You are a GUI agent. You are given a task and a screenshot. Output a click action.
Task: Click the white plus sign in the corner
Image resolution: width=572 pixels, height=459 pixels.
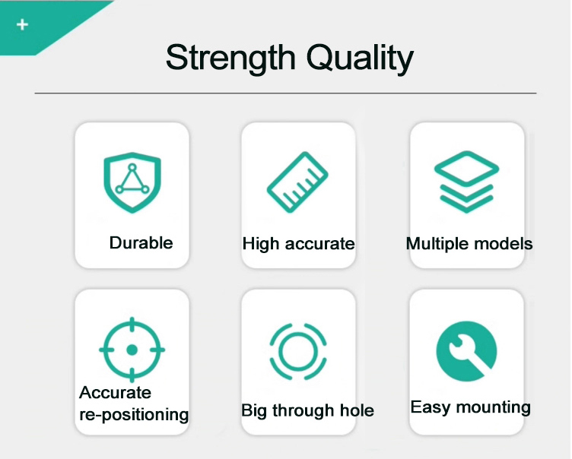point(22,25)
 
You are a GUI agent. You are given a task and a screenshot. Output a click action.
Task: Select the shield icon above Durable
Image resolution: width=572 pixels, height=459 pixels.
point(132,182)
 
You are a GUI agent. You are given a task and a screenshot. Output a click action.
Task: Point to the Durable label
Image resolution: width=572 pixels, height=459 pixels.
point(141,243)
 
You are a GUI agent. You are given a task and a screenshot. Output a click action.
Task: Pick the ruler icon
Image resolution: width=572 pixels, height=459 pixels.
point(297,183)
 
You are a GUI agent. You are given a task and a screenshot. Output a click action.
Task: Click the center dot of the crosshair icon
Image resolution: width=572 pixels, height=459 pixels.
point(132,350)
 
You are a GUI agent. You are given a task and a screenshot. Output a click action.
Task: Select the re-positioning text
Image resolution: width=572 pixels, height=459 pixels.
point(134,415)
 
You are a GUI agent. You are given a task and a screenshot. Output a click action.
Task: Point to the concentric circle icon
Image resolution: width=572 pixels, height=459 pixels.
point(297,351)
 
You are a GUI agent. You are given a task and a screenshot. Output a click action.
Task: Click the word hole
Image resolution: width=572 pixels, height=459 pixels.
point(357,411)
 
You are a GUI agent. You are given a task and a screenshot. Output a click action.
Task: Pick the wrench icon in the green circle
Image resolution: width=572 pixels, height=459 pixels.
point(466,351)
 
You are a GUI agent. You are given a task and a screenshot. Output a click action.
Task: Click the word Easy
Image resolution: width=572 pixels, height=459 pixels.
point(430,408)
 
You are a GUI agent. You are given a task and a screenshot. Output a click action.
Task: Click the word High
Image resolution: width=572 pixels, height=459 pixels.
point(261,244)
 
